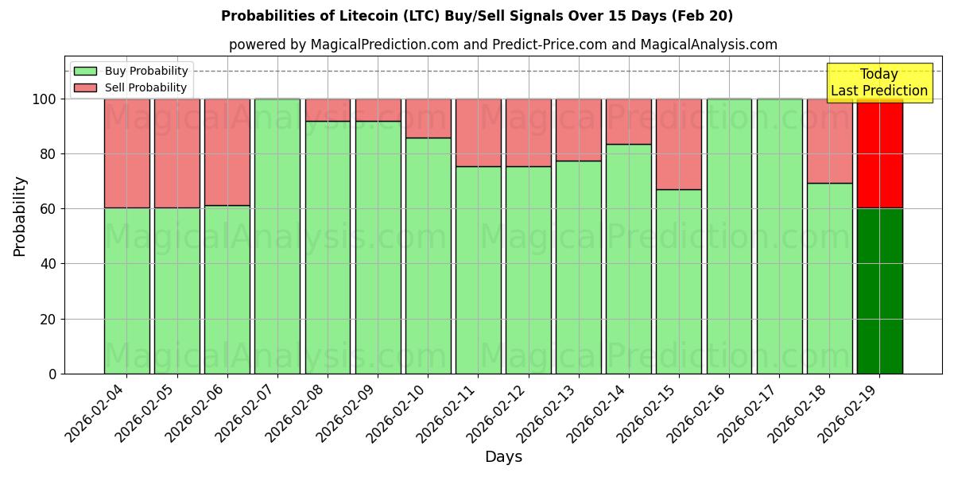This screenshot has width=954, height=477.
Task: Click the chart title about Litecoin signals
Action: (477, 16)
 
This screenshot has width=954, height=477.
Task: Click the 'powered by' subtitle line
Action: (502, 45)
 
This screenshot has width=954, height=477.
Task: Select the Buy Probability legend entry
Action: (145, 71)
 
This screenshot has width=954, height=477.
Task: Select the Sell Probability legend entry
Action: (145, 87)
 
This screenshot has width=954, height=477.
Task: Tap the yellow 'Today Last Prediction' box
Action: (878, 83)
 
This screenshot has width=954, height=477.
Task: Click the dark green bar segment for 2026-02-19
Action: (879, 291)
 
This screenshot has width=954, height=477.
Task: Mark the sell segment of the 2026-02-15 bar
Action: (679, 144)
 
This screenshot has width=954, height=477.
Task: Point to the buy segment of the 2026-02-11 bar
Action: (478, 270)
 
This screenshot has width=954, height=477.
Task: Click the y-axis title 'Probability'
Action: (20, 215)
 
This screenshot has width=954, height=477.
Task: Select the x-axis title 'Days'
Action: (503, 457)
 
